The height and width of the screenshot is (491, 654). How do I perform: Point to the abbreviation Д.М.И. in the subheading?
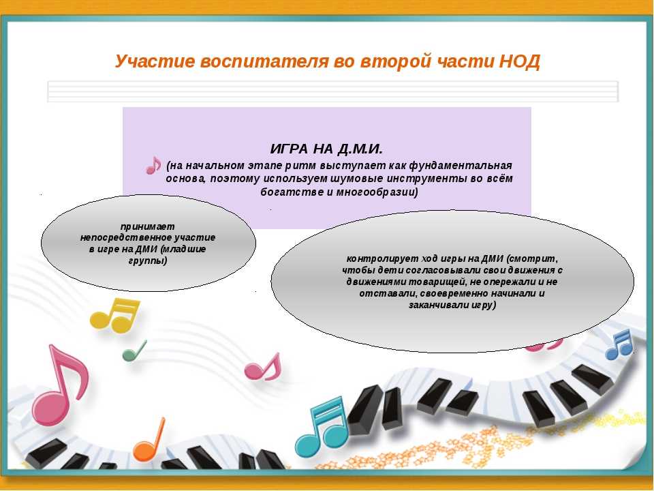360,149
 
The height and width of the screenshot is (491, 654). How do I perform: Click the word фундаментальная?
461,166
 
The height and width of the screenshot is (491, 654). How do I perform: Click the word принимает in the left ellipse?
148,226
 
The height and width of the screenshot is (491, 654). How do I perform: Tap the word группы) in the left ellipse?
148,261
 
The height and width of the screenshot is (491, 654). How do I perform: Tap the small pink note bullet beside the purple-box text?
153,165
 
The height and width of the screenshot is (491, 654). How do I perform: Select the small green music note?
134,351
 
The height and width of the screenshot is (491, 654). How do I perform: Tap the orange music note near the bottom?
149,440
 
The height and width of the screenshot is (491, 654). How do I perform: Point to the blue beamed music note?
619,345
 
